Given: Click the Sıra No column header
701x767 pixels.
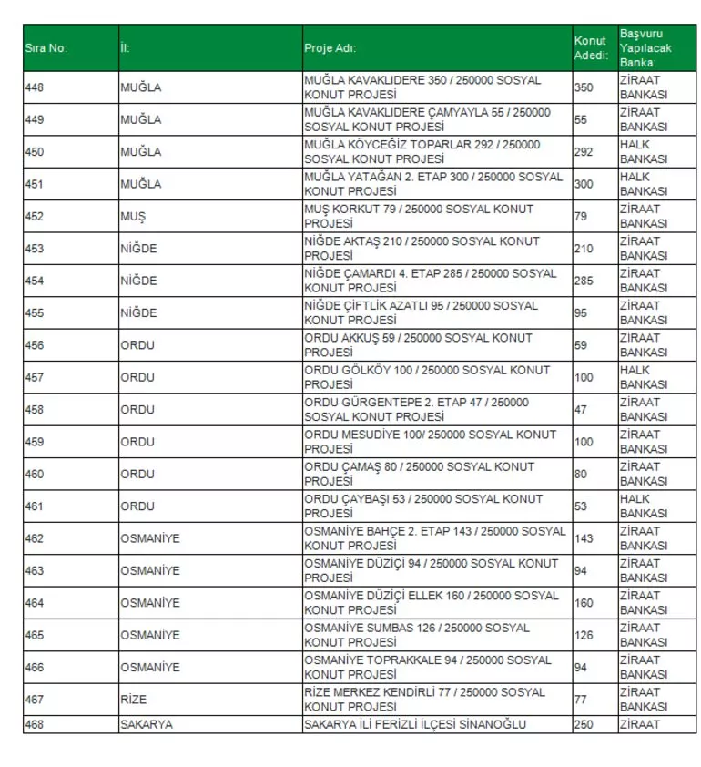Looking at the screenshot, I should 46,48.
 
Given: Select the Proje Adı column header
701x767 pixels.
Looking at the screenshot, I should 330,48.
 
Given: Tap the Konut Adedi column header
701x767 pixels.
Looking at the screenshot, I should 590,48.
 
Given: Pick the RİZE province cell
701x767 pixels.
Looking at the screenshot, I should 133,700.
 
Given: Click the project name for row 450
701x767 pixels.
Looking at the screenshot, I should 422,151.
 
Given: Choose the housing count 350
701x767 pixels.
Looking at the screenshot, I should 584,87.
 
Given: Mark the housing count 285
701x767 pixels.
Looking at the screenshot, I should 584,281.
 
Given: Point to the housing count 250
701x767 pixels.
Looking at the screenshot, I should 584,725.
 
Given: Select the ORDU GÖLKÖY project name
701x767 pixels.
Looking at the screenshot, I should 427,377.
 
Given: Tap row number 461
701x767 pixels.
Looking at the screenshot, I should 35,506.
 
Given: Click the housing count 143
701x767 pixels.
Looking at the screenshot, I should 584,538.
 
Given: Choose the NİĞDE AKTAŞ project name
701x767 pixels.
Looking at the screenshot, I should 422,249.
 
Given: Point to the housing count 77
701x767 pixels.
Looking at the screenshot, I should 581,700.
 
